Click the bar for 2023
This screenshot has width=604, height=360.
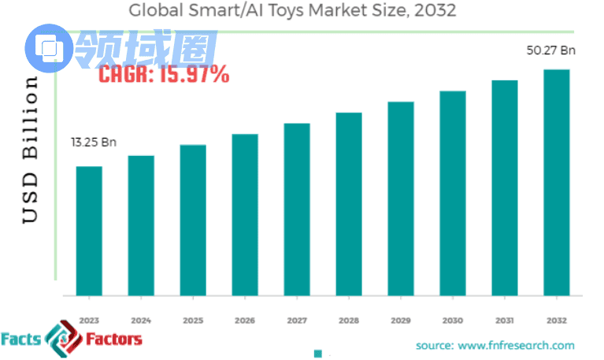tap(89, 231)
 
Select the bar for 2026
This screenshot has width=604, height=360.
tap(245, 214)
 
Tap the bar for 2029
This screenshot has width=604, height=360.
tap(401, 199)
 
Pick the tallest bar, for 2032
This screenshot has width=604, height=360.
tap(557, 182)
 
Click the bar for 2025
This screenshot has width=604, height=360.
tap(193, 220)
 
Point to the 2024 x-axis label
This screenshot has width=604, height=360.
tap(141, 321)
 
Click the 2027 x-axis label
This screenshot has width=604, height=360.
tap(297, 321)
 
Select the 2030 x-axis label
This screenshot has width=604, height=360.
tap(453, 321)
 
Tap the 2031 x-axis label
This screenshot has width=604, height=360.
tap(505, 321)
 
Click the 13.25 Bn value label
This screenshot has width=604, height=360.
tap(93, 143)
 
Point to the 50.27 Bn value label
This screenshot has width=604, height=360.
tap(551, 50)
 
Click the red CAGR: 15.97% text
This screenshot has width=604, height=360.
tap(164, 75)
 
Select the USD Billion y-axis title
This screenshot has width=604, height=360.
tap(30, 150)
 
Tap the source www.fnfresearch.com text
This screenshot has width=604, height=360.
tap(495, 345)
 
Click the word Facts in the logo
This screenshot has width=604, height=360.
tap(21, 340)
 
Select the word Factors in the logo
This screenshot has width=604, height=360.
tap(115, 340)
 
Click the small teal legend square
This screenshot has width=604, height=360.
tap(319, 353)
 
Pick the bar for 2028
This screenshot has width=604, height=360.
tap(349, 204)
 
